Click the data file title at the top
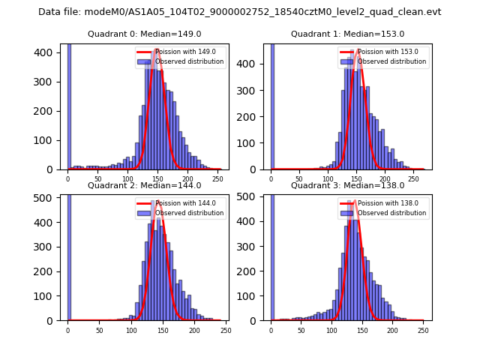point(239,12)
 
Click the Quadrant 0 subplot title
point(144,34)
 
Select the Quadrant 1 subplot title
point(347,34)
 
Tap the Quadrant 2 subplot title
point(144,185)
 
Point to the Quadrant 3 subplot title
point(347,185)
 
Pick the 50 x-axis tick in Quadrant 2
point(99,331)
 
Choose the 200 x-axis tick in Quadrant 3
point(392,331)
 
